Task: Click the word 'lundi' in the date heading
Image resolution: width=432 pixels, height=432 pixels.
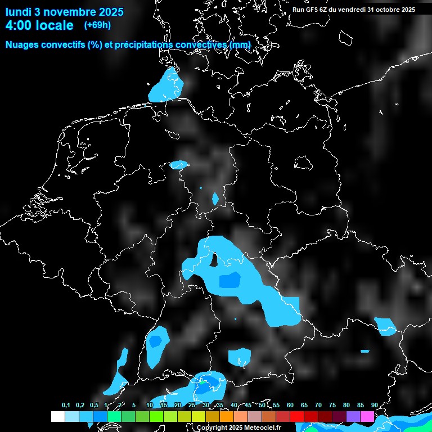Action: [19, 12]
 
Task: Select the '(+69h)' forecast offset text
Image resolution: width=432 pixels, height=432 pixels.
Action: [97, 25]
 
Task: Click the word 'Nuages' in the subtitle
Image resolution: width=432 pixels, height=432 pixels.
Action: [24, 44]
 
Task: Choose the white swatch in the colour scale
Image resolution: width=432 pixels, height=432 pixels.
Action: [57, 416]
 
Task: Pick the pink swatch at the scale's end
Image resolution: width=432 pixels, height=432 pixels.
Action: [367, 416]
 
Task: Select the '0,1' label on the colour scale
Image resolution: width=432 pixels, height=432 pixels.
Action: [66, 405]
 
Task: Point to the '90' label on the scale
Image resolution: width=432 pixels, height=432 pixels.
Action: [374, 405]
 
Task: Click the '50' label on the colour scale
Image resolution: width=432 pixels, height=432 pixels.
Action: [262, 405]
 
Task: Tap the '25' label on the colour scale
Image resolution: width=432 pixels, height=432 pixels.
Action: [192, 405]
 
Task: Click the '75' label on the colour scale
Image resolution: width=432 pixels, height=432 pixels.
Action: [332, 405]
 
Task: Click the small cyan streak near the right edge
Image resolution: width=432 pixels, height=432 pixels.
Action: [365, 351]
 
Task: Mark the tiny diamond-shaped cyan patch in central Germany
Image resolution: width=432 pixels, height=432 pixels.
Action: [215, 199]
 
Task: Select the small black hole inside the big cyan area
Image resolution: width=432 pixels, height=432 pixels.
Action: [214, 259]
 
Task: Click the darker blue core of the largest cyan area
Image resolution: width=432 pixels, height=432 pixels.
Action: [229, 280]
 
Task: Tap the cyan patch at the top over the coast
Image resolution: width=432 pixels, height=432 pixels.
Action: [167, 86]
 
